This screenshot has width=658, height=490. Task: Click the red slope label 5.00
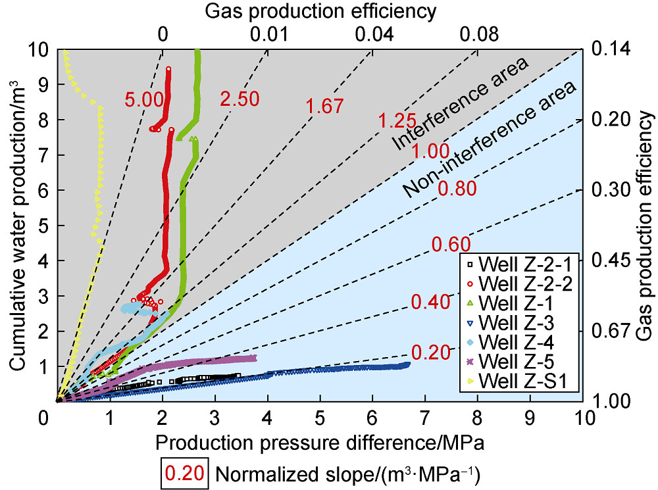point(143,100)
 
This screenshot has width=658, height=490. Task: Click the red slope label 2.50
point(240,100)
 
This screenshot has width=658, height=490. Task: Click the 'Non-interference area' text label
point(490,139)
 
